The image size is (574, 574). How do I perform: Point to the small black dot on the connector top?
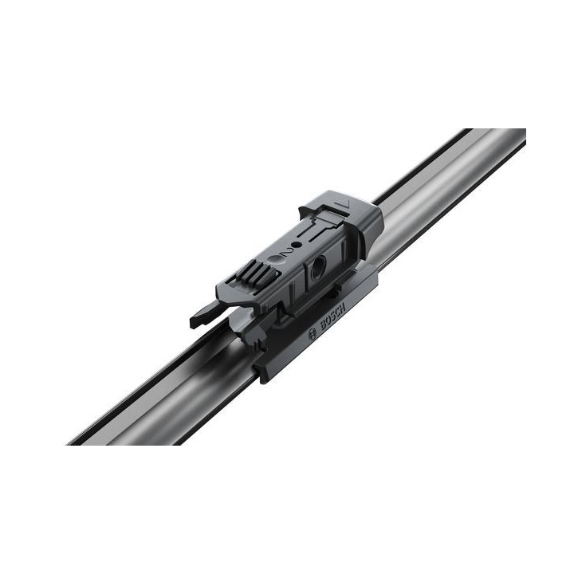click(296, 245)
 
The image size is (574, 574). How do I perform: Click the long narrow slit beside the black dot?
click(313, 237)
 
